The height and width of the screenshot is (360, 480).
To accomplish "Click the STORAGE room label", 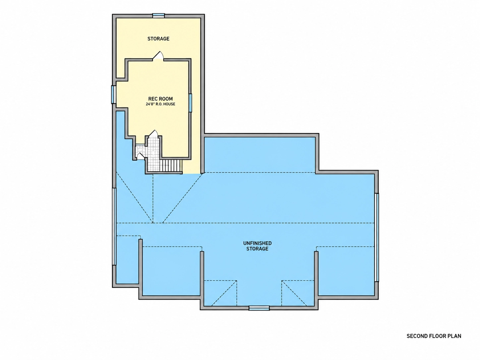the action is point(158,39).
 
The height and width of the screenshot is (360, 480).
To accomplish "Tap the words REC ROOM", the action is point(160,99).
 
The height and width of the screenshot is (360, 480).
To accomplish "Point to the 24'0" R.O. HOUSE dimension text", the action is point(160,104).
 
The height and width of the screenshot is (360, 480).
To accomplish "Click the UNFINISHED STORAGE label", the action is point(257,246).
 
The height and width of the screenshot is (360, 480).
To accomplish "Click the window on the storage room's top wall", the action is point(158,15).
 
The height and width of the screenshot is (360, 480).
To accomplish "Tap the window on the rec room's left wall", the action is point(113,94).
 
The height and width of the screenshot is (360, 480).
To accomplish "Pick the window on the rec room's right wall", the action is point(190,103).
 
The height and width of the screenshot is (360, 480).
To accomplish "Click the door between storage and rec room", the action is point(158,55).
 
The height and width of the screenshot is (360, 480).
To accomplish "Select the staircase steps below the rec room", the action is point(171,166).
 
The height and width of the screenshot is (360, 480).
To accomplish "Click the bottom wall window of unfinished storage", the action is point(259,308).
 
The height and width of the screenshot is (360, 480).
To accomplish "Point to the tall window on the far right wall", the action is point(376,237).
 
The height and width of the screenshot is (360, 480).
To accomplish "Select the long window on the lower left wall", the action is point(114,226).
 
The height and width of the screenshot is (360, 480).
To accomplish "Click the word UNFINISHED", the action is point(257,243).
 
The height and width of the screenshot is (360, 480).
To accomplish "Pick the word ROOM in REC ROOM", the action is point(166,99).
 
